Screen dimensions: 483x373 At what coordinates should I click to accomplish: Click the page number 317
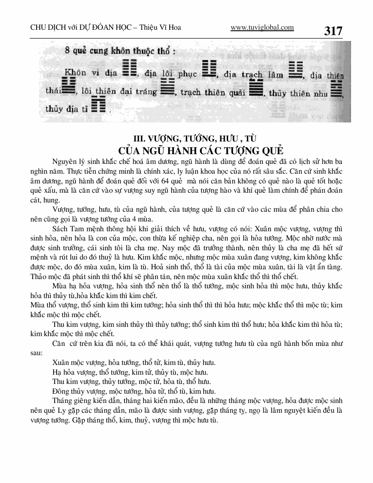[x=333, y=31]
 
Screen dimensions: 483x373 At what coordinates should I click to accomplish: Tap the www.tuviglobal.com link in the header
[x=262, y=27]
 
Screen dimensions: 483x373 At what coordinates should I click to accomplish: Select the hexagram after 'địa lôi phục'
[x=209, y=70]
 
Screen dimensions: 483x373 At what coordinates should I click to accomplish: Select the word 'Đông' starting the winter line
[x=60, y=391]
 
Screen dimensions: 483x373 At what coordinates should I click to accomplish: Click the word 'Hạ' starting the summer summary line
[x=56, y=372]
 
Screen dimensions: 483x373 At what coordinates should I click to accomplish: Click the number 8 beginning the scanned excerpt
[x=65, y=50]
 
